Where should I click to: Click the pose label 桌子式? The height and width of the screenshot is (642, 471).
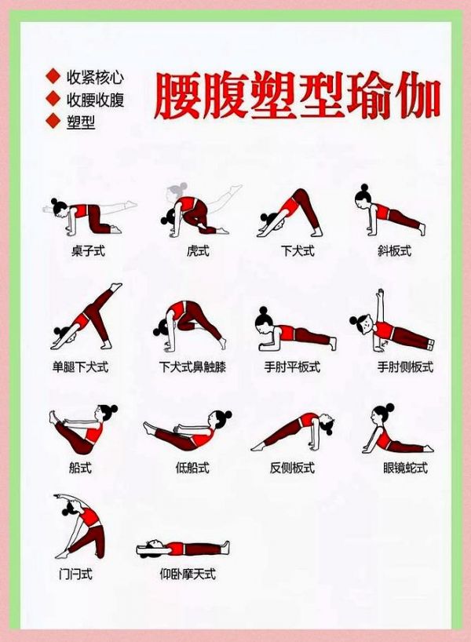pyautogui.click(x=88, y=250)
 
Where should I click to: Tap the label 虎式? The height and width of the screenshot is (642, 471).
pyautogui.click(x=198, y=250)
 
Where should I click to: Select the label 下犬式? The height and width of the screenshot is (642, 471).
pyautogui.click(x=298, y=250)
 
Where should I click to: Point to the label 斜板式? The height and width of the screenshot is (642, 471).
pyautogui.click(x=394, y=250)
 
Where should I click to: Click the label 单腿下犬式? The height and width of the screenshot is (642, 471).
pyautogui.click(x=80, y=367)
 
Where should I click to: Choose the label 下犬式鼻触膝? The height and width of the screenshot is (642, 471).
pyautogui.click(x=192, y=367)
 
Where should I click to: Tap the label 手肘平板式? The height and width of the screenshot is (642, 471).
pyautogui.click(x=292, y=367)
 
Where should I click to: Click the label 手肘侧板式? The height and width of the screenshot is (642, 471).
pyautogui.click(x=405, y=367)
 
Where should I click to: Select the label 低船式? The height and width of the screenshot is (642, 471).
pyautogui.click(x=192, y=467)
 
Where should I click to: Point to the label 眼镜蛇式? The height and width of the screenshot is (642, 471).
pyautogui.click(x=406, y=467)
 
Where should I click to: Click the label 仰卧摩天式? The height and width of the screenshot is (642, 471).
pyautogui.click(x=188, y=574)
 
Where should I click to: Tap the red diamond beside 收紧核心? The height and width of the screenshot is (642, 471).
pyautogui.click(x=53, y=76)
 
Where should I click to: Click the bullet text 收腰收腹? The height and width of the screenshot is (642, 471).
pyautogui.click(x=96, y=100)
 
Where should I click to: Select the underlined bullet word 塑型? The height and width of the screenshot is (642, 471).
pyautogui.click(x=81, y=122)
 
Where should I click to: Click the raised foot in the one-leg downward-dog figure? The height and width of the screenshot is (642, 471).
pyautogui.click(x=116, y=286)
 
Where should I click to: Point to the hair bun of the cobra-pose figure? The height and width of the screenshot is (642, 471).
pyautogui.click(x=389, y=408)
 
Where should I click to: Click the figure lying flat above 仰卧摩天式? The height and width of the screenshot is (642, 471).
pyautogui.click(x=183, y=549)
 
